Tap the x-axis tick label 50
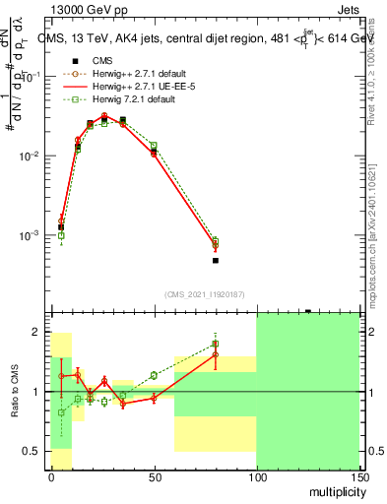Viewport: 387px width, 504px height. click(154, 477)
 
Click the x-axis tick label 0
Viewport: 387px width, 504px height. click(51, 477)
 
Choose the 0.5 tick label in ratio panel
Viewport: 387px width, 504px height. click(33, 451)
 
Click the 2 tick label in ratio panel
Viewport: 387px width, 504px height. click(38, 332)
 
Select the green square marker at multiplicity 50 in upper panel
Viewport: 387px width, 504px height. click(154, 146)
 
